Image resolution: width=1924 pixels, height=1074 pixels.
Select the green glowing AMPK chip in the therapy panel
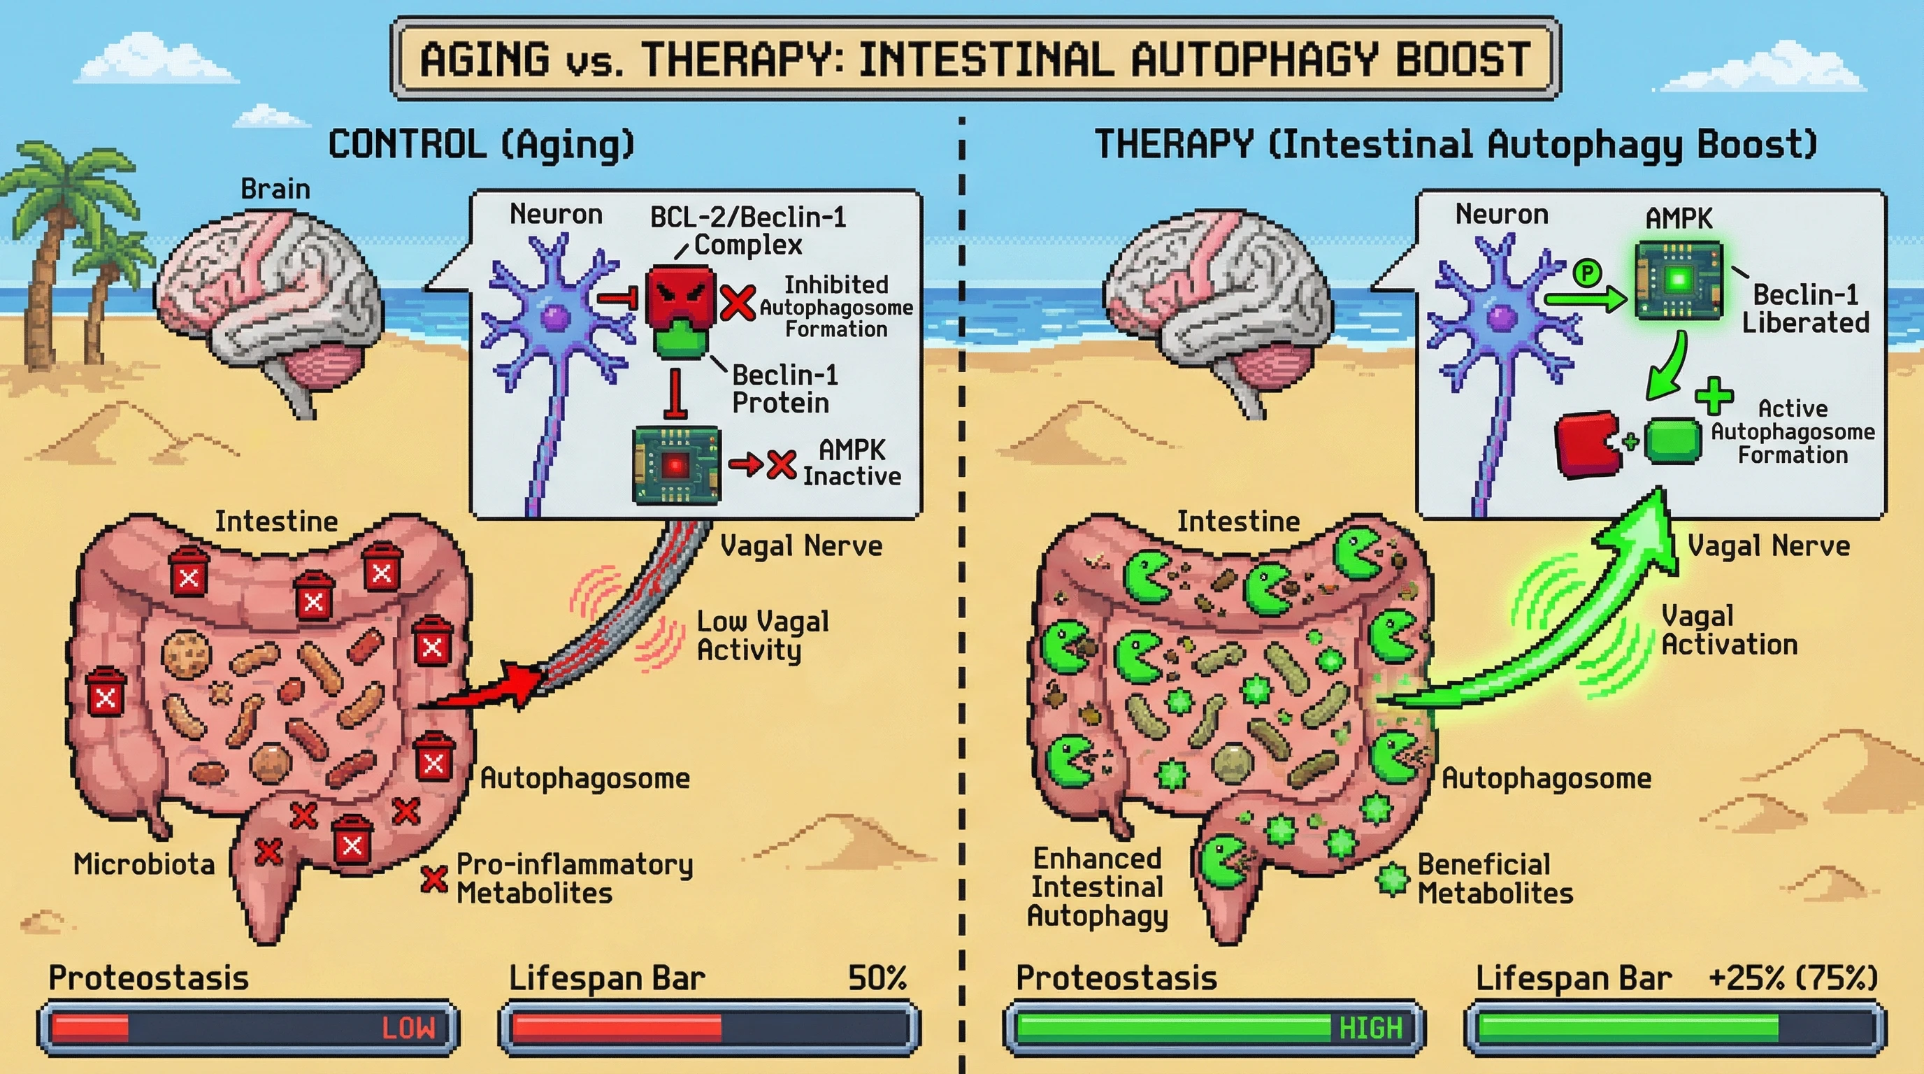tap(1679, 281)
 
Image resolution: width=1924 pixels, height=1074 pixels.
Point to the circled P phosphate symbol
tap(1586, 273)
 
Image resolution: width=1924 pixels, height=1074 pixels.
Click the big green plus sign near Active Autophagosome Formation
tap(1714, 396)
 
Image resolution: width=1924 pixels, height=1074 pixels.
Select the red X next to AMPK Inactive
tap(781, 464)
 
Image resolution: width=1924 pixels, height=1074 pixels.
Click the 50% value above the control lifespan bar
tap(877, 978)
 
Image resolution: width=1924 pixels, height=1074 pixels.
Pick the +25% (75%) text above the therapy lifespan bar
tap(1793, 978)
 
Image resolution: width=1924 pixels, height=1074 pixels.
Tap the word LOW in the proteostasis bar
tap(408, 1029)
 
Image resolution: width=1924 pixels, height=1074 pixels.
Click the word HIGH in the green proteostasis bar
tap(1370, 1029)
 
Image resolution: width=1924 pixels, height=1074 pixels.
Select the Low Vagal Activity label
tap(762, 635)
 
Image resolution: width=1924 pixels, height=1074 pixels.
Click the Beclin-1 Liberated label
tap(1805, 308)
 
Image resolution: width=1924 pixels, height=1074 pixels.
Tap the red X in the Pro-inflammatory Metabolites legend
tap(434, 878)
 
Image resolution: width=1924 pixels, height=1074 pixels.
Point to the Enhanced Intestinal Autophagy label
tap(1096, 887)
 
